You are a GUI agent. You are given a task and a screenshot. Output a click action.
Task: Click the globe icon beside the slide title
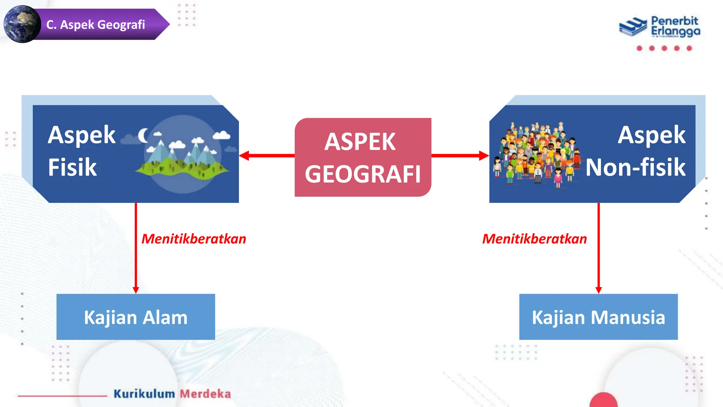[x=22, y=24]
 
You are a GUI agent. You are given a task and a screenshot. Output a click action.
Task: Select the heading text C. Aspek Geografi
[x=96, y=25]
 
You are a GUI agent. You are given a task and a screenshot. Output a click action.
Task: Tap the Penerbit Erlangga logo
[x=659, y=26]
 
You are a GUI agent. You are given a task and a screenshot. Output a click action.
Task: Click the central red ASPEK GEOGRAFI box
[x=363, y=157]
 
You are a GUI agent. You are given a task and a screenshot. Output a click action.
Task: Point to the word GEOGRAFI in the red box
[x=363, y=174]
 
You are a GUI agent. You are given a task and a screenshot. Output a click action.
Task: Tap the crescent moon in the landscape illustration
[x=143, y=135]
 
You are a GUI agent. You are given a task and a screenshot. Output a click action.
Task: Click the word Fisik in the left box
[x=72, y=167]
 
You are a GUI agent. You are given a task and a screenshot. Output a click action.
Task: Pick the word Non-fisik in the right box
[x=635, y=167]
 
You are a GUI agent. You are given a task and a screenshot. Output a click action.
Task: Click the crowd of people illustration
[x=537, y=154]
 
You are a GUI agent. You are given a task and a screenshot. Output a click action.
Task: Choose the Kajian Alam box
[x=136, y=317]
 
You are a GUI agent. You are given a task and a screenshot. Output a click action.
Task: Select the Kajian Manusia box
[x=598, y=317]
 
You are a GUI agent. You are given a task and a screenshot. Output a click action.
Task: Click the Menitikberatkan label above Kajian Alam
[x=194, y=239]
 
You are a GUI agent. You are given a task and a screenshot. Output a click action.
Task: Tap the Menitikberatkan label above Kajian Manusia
[x=534, y=239]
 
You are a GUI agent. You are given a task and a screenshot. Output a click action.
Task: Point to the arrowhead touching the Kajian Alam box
[x=136, y=290]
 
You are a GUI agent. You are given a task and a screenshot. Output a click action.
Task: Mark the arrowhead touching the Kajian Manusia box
[x=598, y=290]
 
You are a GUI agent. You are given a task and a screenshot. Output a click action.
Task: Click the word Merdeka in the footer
[x=205, y=394]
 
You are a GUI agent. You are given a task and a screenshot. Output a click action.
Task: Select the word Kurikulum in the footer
[x=144, y=394]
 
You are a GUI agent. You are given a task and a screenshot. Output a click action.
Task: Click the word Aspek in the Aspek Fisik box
[x=82, y=135]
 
